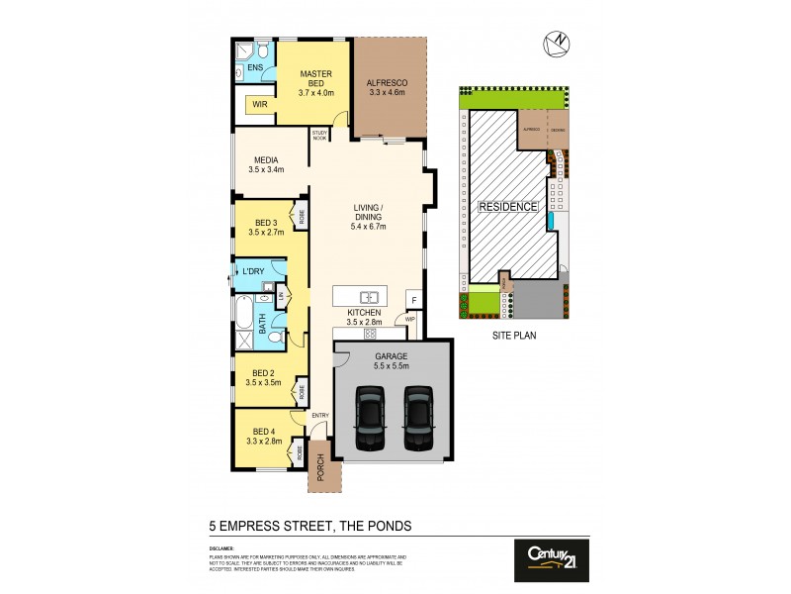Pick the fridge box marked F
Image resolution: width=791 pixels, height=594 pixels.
tap(414, 299)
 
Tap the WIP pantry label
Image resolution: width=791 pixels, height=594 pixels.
tap(408, 320)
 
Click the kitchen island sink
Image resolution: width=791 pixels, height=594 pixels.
tap(366, 296)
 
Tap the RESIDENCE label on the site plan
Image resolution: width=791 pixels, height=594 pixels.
tap(508, 207)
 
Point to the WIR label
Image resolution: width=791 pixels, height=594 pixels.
tap(259, 104)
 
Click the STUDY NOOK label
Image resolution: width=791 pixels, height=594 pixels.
tap(319, 136)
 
